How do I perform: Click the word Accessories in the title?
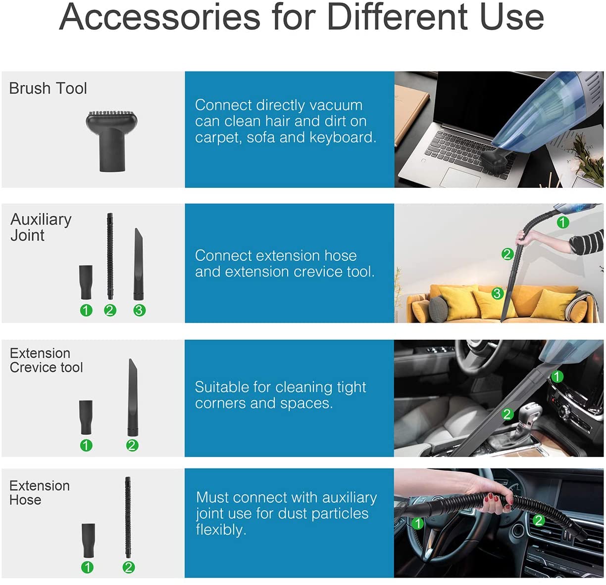160,17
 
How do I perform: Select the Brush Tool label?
48,88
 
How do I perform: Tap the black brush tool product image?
112,141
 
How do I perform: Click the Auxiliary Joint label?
41,228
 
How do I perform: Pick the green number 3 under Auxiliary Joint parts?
139,310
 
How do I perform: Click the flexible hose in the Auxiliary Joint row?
110,256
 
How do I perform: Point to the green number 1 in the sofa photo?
562,222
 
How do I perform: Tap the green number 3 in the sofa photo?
497,293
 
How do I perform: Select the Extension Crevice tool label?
46,360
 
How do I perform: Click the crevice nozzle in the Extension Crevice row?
133,398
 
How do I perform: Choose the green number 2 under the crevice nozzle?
132,445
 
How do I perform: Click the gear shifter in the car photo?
527,419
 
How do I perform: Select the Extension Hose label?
40,493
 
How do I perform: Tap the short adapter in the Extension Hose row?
89,540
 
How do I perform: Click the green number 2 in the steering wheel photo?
539,520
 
